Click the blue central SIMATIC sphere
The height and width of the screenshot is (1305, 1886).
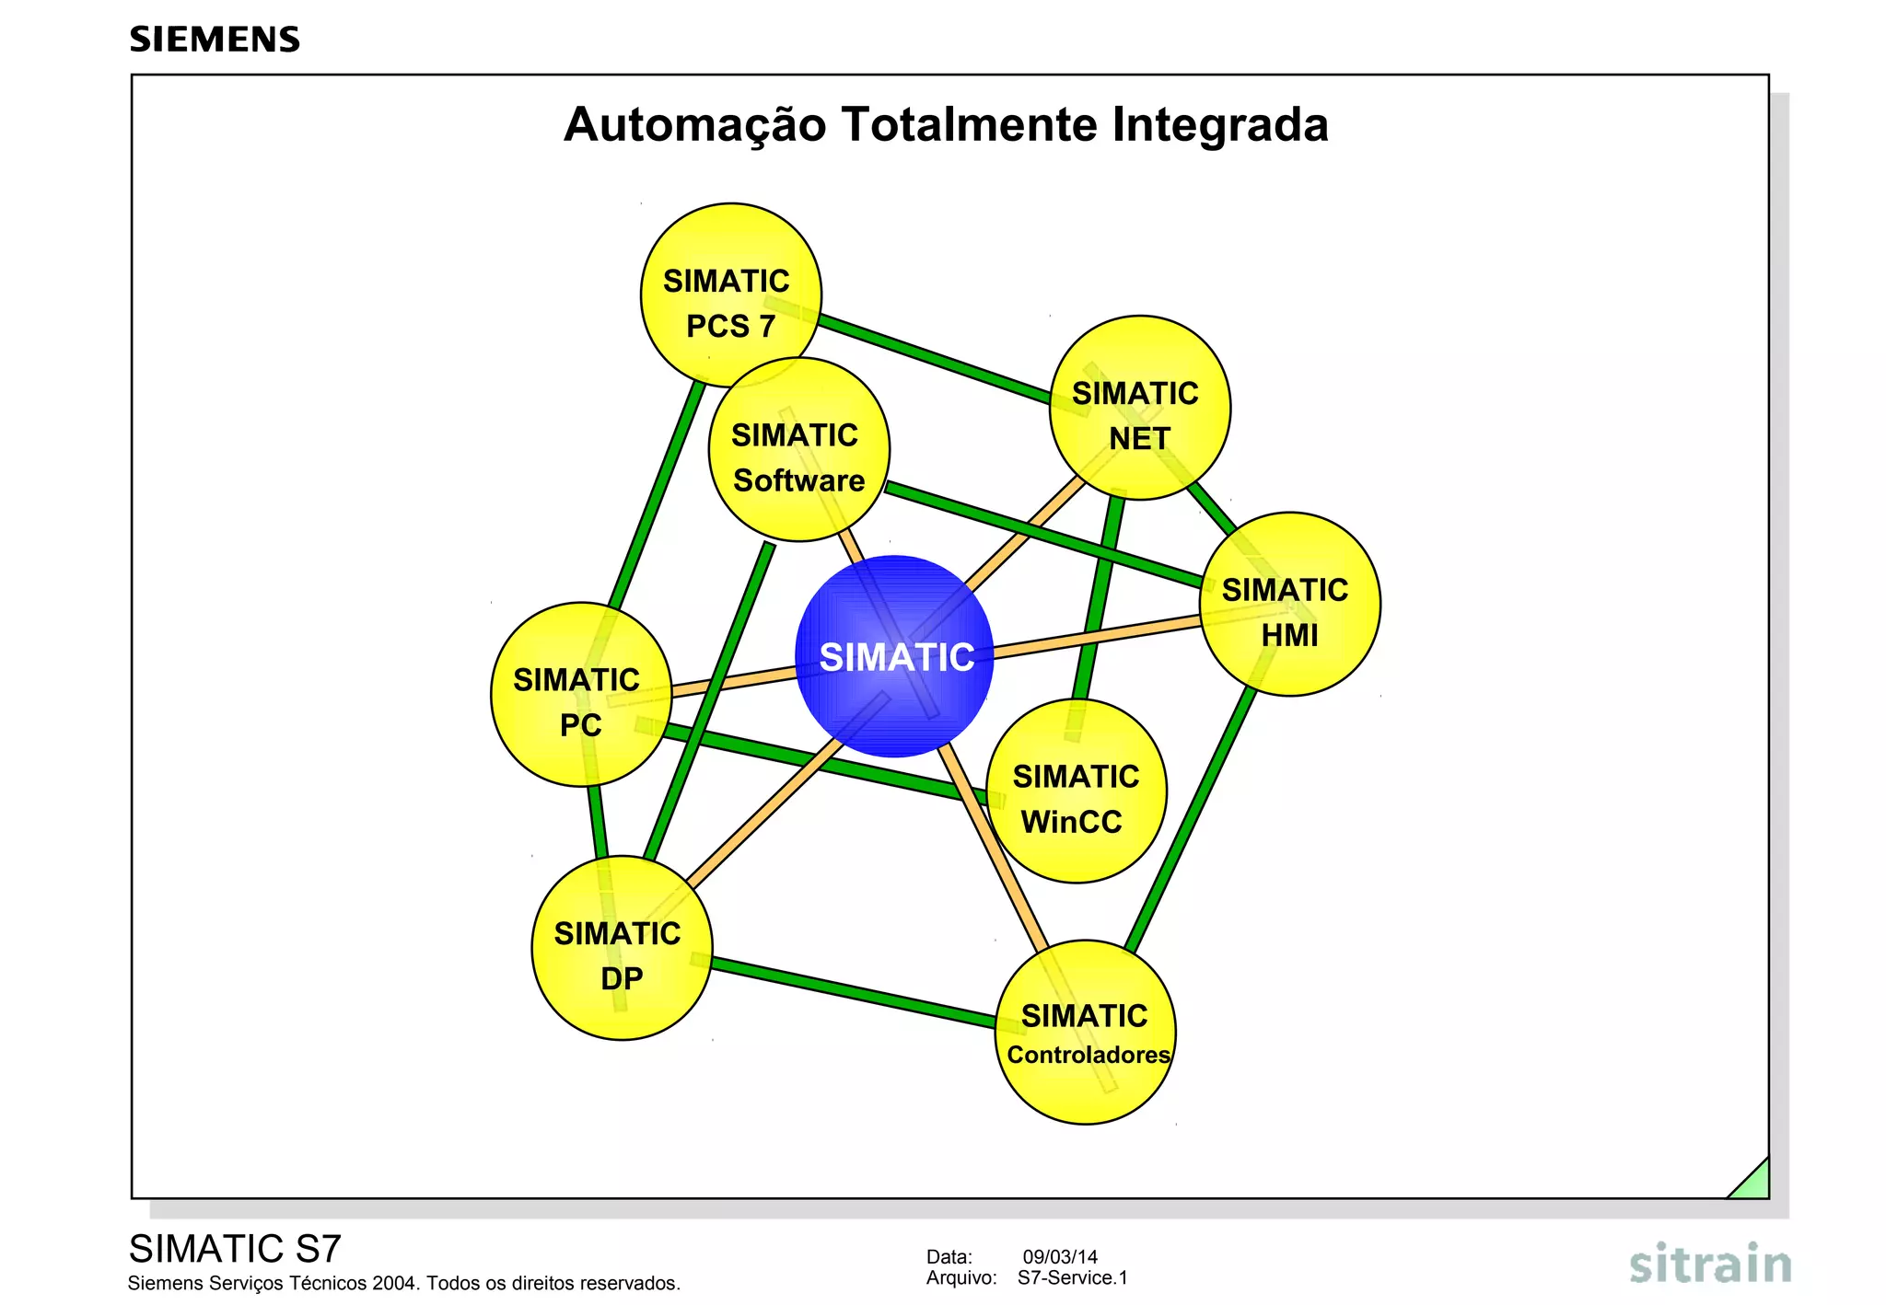(x=894, y=656)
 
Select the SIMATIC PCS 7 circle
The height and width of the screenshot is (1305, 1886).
(x=731, y=295)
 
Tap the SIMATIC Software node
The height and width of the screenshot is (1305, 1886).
(x=798, y=450)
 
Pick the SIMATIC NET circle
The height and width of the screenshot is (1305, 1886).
(x=1140, y=408)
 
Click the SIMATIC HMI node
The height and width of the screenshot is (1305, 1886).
(x=1290, y=604)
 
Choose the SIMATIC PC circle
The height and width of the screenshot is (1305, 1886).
(x=581, y=695)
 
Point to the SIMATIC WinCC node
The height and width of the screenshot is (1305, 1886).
(x=1076, y=791)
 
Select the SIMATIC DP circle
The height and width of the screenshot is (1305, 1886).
(x=622, y=948)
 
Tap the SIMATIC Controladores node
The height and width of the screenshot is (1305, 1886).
(x=1086, y=1032)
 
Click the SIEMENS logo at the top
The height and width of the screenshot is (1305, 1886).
(x=215, y=40)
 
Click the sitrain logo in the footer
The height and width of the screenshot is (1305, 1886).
(x=1710, y=1265)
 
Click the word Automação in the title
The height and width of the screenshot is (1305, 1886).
(x=695, y=125)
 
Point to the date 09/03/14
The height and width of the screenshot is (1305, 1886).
(x=1060, y=1257)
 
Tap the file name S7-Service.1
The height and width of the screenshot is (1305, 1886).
(x=1072, y=1278)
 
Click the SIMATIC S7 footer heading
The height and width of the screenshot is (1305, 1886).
(x=235, y=1249)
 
